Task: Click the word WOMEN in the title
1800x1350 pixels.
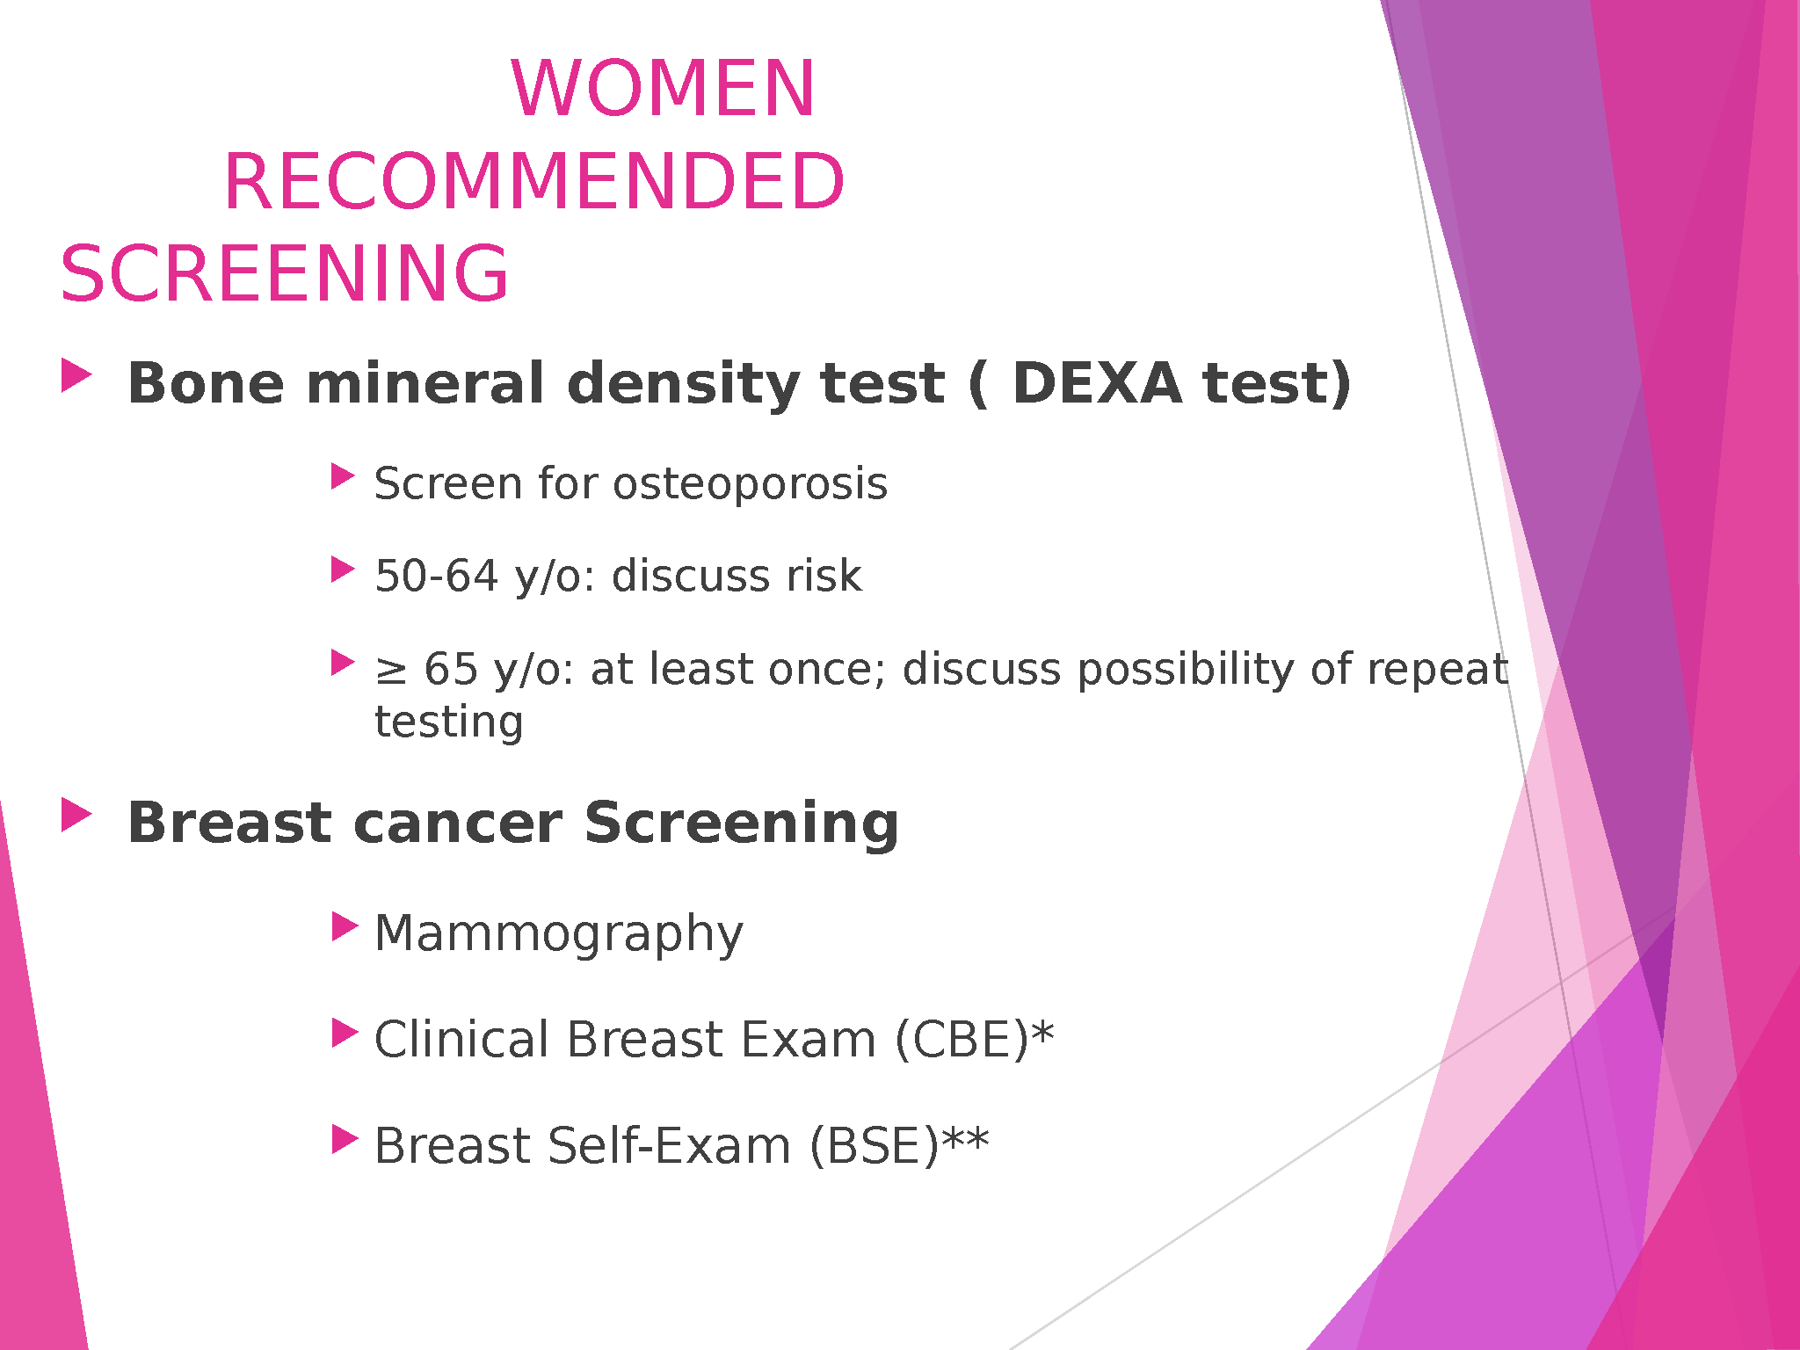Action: click(664, 88)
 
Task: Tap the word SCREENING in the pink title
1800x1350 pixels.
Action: click(284, 273)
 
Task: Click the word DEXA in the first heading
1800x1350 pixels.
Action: click(1097, 383)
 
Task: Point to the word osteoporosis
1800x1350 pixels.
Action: click(750, 483)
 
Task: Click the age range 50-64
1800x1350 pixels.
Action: click(437, 576)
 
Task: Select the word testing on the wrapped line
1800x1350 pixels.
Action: click(449, 722)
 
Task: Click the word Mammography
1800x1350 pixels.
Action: click(559, 934)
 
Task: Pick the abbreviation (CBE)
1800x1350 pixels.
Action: click(962, 1040)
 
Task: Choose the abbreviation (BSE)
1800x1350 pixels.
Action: click(875, 1146)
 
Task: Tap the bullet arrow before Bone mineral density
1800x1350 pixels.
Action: click(76, 375)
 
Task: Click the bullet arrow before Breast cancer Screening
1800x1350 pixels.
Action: click(76, 815)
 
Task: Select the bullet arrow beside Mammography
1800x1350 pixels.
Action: click(345, 926)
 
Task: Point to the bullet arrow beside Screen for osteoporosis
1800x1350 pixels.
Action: click(344, 476)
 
